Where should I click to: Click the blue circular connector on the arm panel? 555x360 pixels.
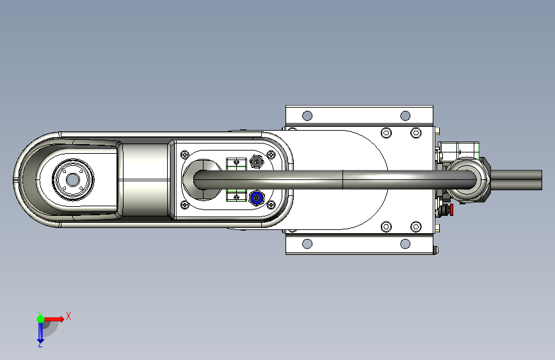click(x=256, y=198)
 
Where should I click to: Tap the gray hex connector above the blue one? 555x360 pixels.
click(x=256, y=162)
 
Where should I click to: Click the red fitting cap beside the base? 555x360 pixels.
click(x=451, y=209)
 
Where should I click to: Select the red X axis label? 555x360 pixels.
click(x=68, y=316)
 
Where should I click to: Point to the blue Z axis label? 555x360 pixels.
click(x=40, y=344)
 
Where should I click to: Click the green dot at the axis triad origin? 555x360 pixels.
click(x=41, y=319)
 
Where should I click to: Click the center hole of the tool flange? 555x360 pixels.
click(x=72, y=179)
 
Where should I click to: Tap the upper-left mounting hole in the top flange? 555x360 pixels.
click(x=307, y=115)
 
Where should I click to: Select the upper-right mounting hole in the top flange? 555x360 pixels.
click(x=405, y=115)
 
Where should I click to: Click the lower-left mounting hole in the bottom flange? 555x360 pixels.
click(x=307, y=244)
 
